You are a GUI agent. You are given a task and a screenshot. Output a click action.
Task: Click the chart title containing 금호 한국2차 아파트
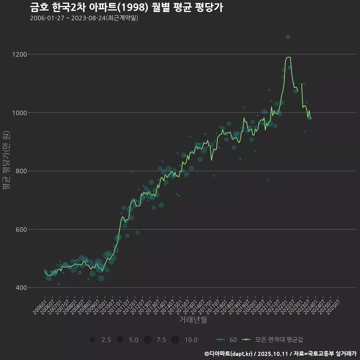pyautogui.click(x=126, y=7)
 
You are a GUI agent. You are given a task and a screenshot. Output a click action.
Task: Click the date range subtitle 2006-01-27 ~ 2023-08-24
pyautogui.click(x=84, y=18)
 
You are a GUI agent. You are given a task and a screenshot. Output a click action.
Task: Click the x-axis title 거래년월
pyautogui.click(x=193, y=320)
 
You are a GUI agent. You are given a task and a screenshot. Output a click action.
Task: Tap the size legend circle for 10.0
pyautogui.click(x=175, y=340)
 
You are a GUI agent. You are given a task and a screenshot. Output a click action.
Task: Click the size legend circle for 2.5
pyautogui.click(x=92, y=340)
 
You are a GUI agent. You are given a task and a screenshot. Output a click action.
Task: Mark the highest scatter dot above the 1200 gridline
pyautogui.click(x=288, y=37)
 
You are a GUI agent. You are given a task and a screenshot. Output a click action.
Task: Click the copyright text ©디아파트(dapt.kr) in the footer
pyautogui.click(x=229, y=354)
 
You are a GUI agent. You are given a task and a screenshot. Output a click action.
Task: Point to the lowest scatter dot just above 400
pyautogui.click(x=58, y=284)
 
